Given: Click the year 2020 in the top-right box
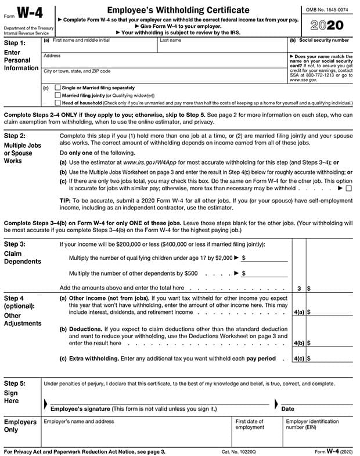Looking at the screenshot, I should click(327, 25).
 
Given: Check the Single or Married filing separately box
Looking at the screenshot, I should click(57, 88).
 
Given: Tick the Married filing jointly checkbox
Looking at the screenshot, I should click(57, 95).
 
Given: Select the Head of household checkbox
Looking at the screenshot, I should click(57, 103).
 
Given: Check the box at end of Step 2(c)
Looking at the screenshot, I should click(348, 189).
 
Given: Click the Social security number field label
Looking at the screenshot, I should click(322, 41).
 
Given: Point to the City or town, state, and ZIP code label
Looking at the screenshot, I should click(77, 71).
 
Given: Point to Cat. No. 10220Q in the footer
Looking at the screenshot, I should click(238, 451).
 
